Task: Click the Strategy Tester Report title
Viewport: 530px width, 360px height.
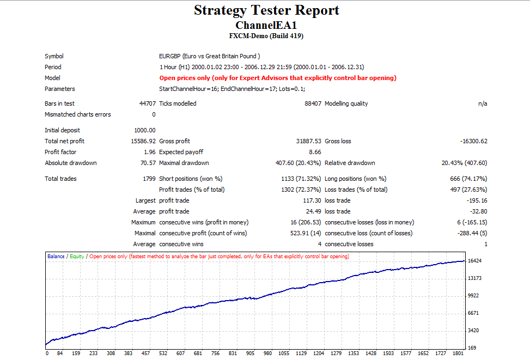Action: (x=266, y=10)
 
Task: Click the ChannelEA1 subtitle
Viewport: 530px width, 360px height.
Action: (x=266, y=26)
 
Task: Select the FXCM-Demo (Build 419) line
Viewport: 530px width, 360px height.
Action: (x=266, y=36)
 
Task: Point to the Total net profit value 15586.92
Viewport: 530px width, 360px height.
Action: (x=143, y=141)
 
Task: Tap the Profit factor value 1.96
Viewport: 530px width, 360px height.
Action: (x=150, y=152)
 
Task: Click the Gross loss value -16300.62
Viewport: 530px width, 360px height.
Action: (x=473, y=141)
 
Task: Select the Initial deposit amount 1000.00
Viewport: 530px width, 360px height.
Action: (x=145, y=130)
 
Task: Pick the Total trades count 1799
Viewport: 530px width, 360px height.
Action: (x=149, y=179)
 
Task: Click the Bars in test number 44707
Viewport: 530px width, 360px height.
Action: (x=148, y=103)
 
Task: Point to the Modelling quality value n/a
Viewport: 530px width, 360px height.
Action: (x=483, y=103)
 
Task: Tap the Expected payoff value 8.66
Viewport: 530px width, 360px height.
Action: (x=315, y=152)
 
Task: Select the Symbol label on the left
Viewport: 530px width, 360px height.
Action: (x=54, y=56)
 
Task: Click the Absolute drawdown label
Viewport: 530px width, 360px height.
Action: (x=71, y=163)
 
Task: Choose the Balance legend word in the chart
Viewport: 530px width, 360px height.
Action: (x=56, y=256)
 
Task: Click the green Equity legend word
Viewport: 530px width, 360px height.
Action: (x=77, y=256)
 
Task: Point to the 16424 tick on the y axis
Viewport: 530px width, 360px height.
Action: (x=474, y=261)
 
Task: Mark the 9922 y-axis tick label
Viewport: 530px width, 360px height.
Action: (x=473, y=295)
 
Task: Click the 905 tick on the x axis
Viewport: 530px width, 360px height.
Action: (x=250, y=353)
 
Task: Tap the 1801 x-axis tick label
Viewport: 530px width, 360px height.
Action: (x=458, y=353)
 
